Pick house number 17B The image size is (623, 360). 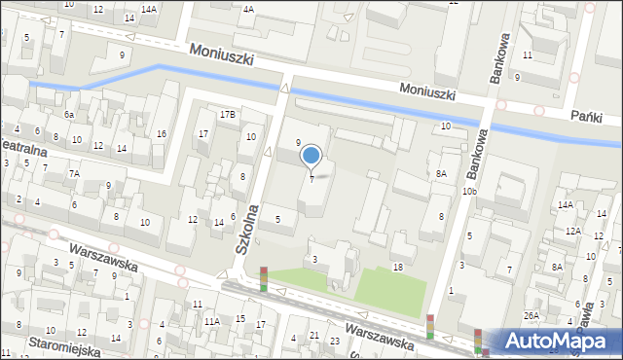pyautogui.click(x=227, y=115)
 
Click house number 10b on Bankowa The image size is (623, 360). pyautogui.click(x=469, y=192)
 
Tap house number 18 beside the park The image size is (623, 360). pyautogui.click(x=397, y=267)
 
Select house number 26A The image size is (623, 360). pyautogui.click(x=531, y=315)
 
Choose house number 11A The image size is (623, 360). pyautogui.click(x=211, y=320)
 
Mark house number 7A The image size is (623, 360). pyautogui.click(x=74, y=174)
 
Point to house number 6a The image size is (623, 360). pyautogui.click(x=69, y=115)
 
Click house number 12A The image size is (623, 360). pyautogui.click(x=573, y=232)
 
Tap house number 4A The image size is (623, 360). pyautogui.click(x=248, y=9)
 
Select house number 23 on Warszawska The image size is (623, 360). pyautogui.click(x=334, y=341)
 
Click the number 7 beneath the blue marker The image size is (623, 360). pyautogui.click(x=311, y=178)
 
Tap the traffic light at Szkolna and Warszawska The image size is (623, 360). pyautogui.click(x=263, y=279)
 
